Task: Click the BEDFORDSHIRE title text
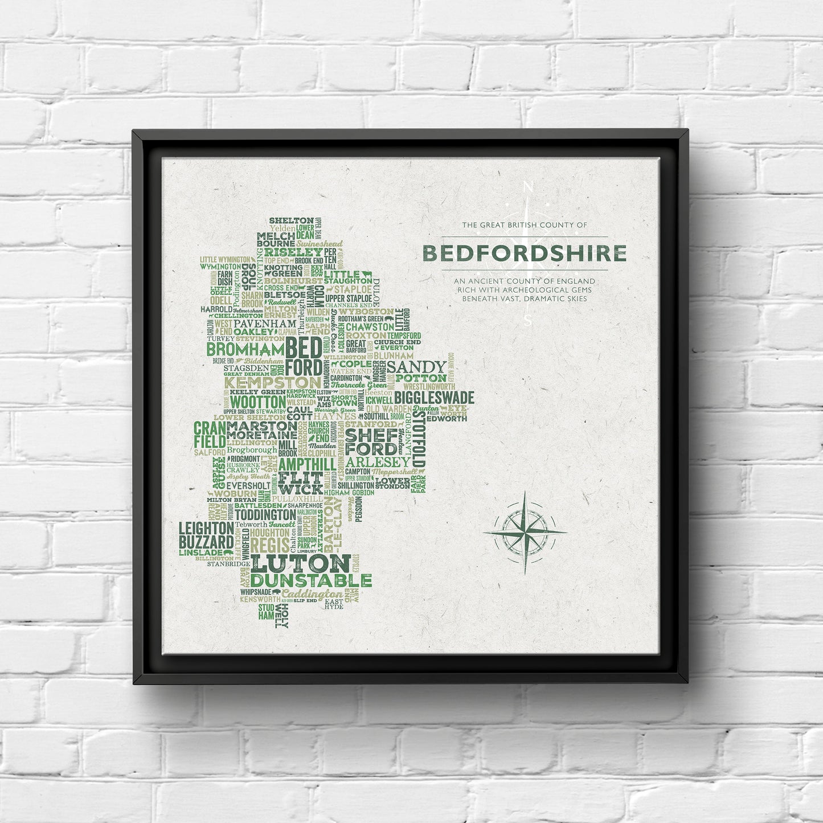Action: tap(525, 253)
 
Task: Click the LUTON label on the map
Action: tap(301, 564)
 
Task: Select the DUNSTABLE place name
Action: tap(311, 581)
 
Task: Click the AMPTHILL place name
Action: tap(307, 464)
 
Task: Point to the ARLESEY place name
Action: tap(377, 461)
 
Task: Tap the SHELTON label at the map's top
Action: tap(291, 220)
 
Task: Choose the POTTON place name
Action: tap(421, 378)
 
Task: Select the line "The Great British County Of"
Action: tap(524, 226)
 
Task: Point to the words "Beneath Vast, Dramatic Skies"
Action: tap(524, 298)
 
